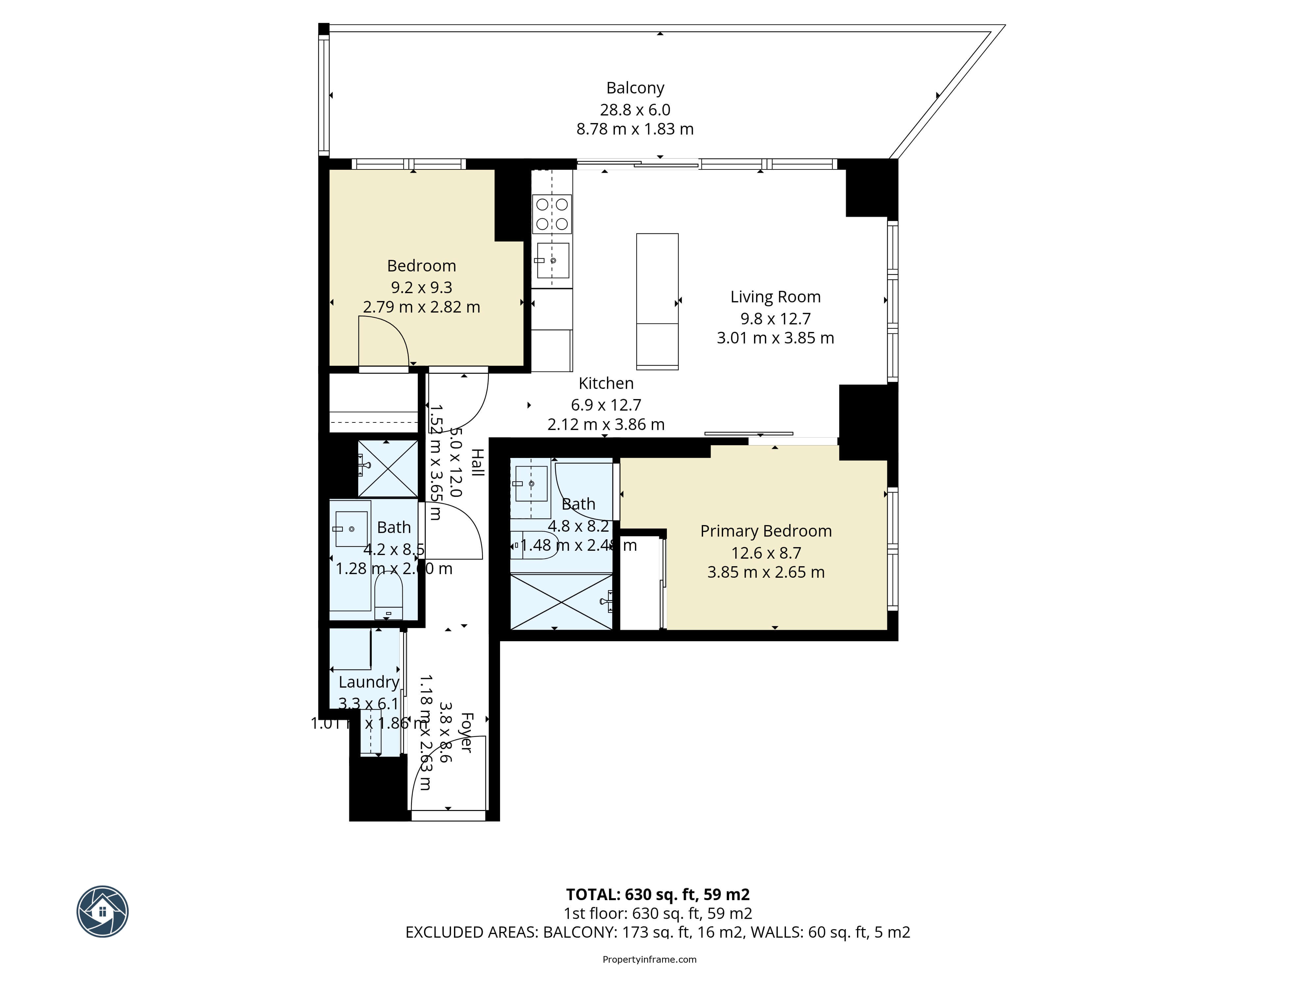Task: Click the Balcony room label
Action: pyautogui.click(x=635, y=88)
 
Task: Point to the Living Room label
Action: pyautogui.click(x=775, y=297)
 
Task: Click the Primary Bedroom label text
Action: pyautogui.click(x=766, y=531)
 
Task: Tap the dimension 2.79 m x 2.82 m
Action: pyautogui.click(x=421, y=307)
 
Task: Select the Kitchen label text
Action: pyautogui.click(x=606, y=383)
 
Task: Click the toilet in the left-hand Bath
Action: pyautogui.click(x=389, y=595)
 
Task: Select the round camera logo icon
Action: pyautogui.click(x=102, y=911)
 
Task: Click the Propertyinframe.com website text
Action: pyautogui.click(x=649, y=959)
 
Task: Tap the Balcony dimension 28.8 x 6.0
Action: pyautogui.click(x=635, y=110)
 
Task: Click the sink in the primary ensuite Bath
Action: pyautogui.click(x=531, y=484)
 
